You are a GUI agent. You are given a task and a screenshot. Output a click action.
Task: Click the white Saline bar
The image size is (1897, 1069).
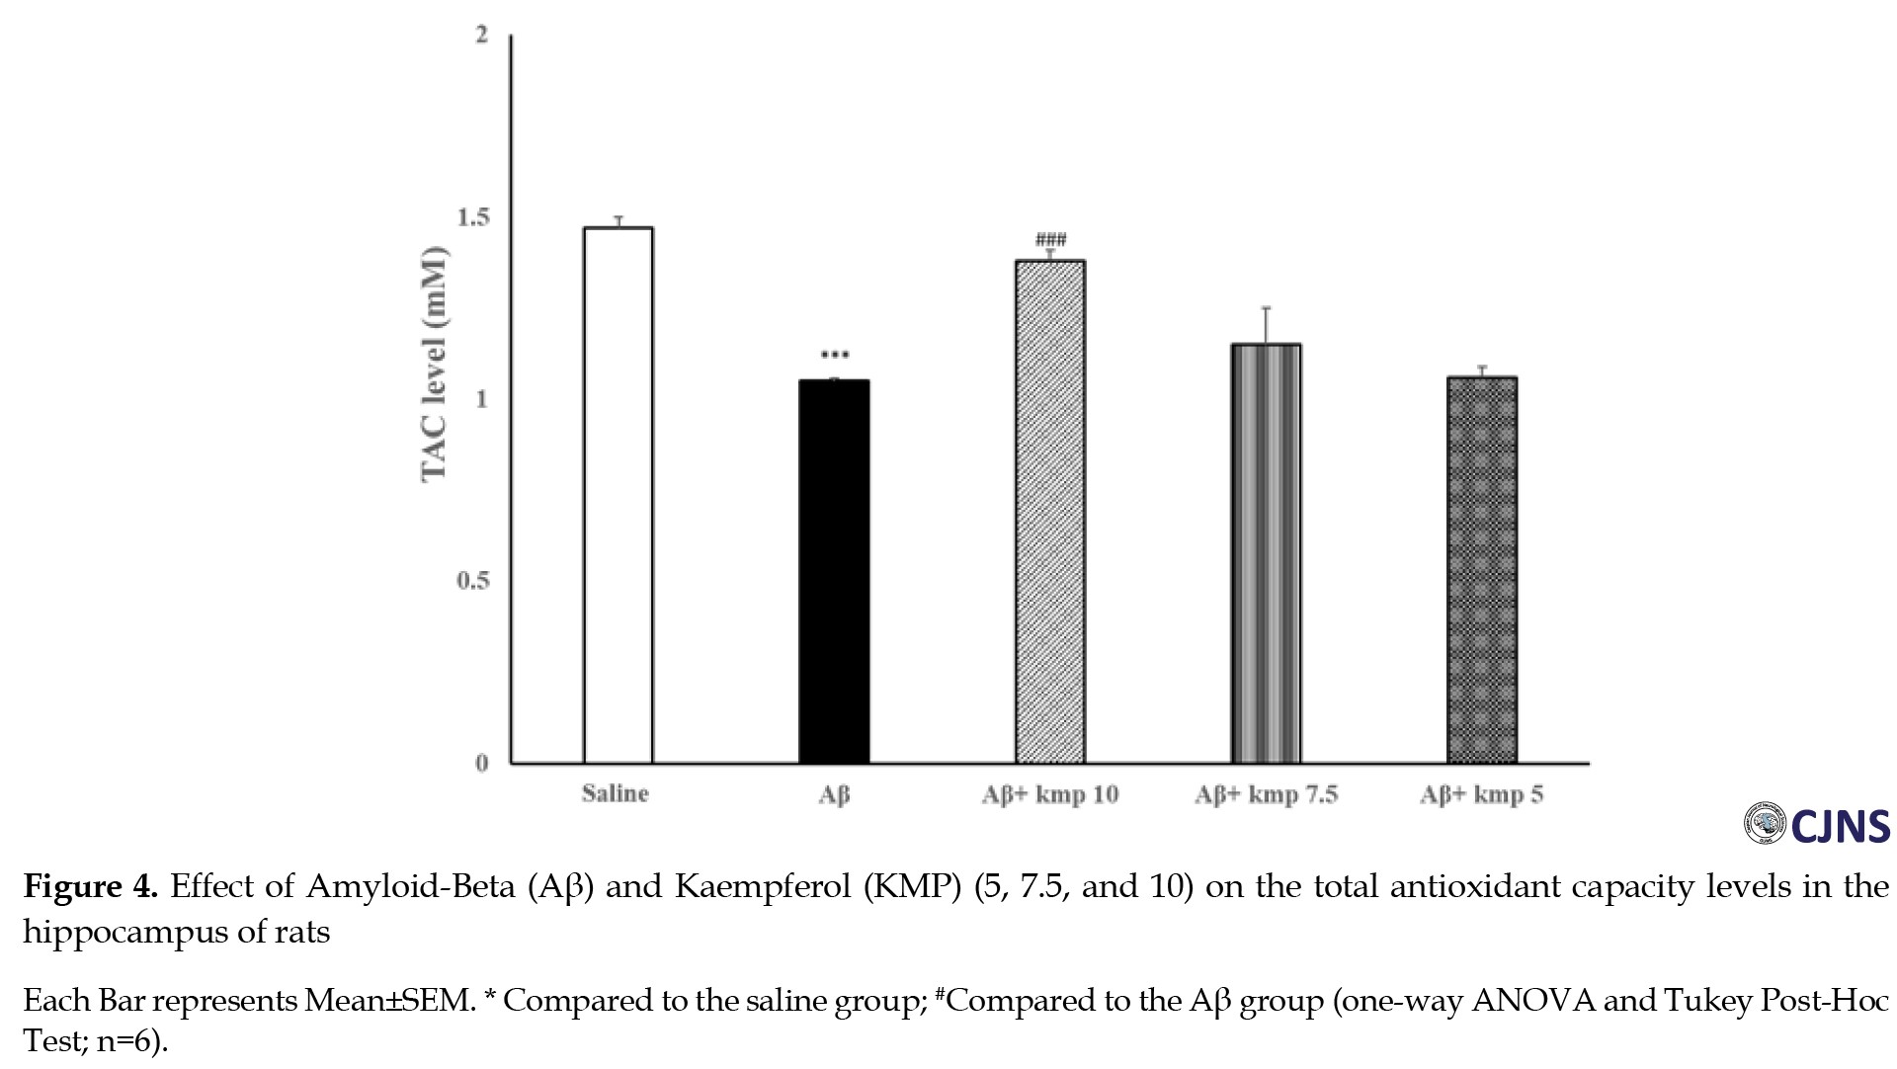pyautogui.click(x=618, y=494)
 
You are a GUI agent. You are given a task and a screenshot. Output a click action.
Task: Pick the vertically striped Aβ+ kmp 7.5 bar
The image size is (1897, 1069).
pyautogui.click(x=1266, y=553)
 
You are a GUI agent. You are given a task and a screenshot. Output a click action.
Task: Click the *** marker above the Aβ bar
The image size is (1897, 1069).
pyautogui.click(x=835, y=356)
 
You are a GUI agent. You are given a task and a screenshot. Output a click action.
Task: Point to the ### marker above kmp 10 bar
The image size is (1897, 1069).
pyautogui.click(x=1050, y=240)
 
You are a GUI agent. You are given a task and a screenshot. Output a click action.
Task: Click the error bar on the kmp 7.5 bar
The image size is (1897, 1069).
pyautogui.click(x=1266, y=325)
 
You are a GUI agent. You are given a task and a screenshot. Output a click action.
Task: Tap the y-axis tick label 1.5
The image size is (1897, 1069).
pyautogui.click(x=473, y=217)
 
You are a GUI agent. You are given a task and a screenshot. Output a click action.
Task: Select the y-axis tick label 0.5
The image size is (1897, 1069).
pyautogui.click(x=473, y=581)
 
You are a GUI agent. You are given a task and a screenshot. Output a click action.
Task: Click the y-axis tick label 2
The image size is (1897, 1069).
pyautogui.click(x=482, y=36)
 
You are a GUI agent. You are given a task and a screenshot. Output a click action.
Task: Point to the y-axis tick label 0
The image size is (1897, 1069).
pyautogui.click(x=482, y=763)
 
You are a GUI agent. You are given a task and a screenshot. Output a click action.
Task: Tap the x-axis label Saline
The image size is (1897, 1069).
pyautogui.click(x=615, y=794)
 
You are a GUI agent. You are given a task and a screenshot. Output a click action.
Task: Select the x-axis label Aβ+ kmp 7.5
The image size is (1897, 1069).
pyautogui.click(x=1266, y=795)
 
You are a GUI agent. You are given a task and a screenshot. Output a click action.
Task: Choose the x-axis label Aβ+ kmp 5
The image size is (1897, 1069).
pyautogui.click(x=1481, y=795)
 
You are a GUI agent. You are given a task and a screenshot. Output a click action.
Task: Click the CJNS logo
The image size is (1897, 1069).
pyautogui.click(x=1816, y=826)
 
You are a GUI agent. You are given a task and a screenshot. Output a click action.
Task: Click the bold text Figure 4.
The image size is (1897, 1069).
pyautogui.click(x=90, y=886)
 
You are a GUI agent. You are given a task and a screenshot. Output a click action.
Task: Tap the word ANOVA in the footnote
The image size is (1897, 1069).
pyautogui.click(x=1532, y=1001)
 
